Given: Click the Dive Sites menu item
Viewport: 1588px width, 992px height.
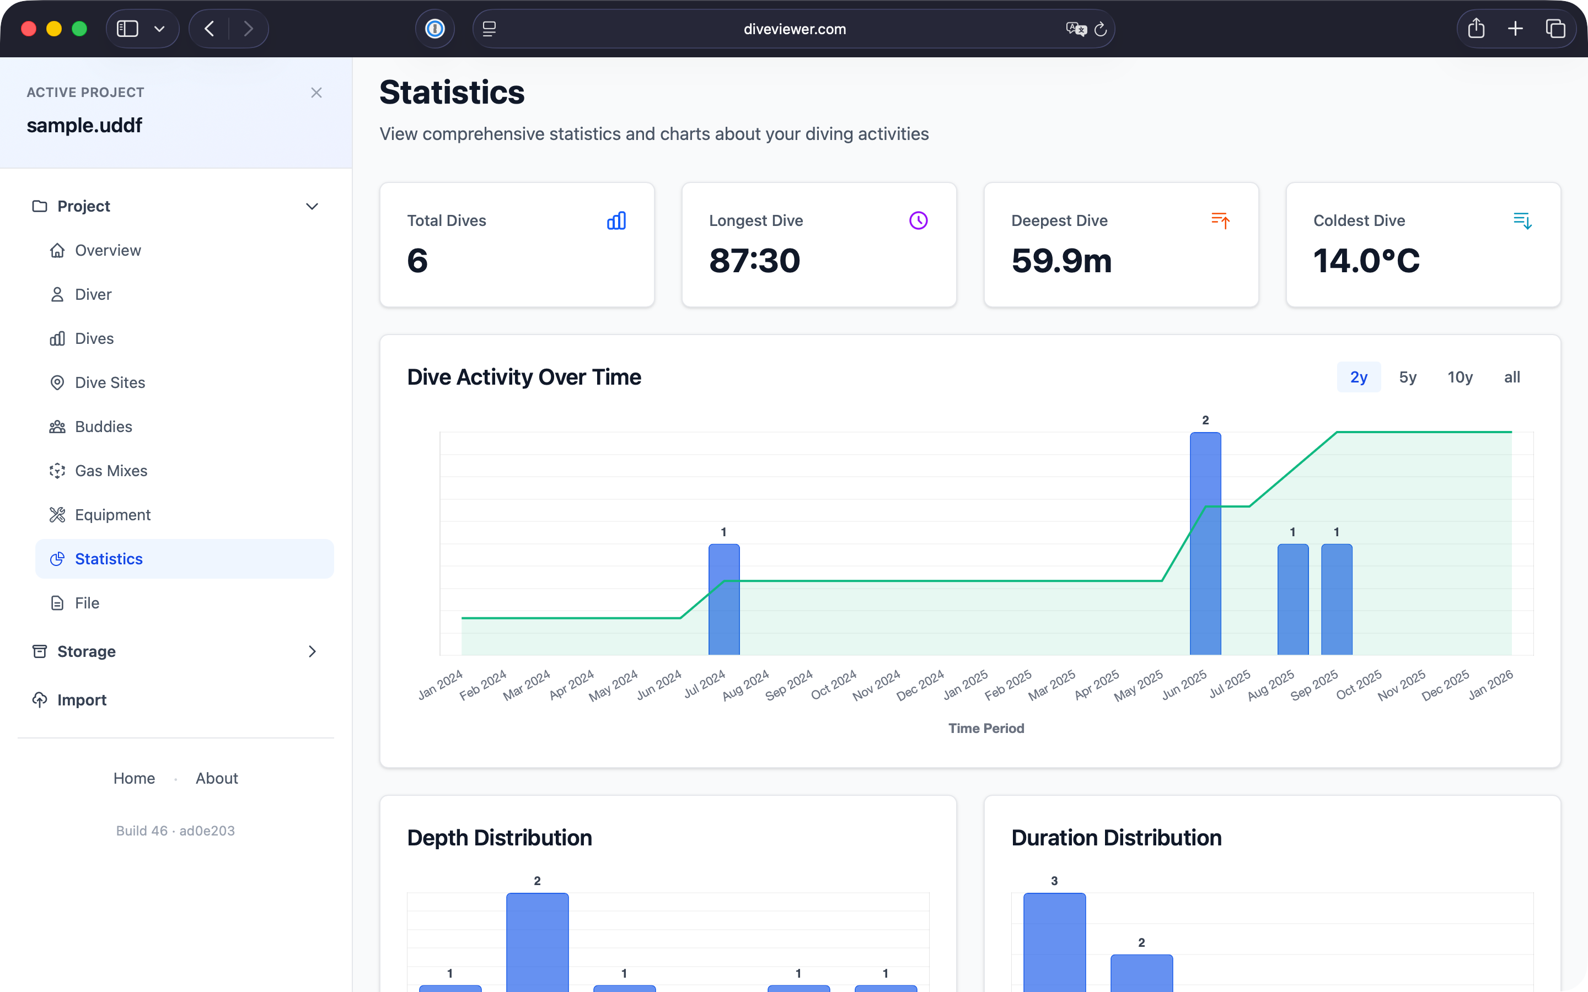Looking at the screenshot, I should click(110, 382).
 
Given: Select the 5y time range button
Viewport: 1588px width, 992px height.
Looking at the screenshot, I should click(1408, 378).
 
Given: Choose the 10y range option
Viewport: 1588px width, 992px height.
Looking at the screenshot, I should click(1460, 378).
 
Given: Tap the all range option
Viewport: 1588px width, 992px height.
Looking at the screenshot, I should click(1512, 378).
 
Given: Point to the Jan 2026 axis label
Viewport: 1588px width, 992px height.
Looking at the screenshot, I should click(1491, 685).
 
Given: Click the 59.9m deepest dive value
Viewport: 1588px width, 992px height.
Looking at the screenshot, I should click(1061, 261).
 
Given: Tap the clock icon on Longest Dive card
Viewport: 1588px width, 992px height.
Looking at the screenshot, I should click(918, 220).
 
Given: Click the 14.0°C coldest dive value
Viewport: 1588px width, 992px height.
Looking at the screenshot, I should click(1366, 261).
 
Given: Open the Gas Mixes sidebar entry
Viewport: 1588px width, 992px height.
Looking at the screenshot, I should click(111, 471).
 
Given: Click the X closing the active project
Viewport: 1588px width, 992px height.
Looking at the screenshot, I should click(316, 93).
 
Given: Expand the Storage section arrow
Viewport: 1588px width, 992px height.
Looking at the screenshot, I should click(312, 651).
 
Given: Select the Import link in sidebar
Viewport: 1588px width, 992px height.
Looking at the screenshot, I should click(82, 700).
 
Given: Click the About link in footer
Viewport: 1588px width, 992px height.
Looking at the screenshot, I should click(217, 778).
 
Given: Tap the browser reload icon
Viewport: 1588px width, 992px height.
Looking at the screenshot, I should click(1101, 29).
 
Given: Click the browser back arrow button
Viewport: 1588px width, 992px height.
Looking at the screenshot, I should click(210, 29).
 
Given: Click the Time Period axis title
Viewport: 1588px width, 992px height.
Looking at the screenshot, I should click(986, 728).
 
